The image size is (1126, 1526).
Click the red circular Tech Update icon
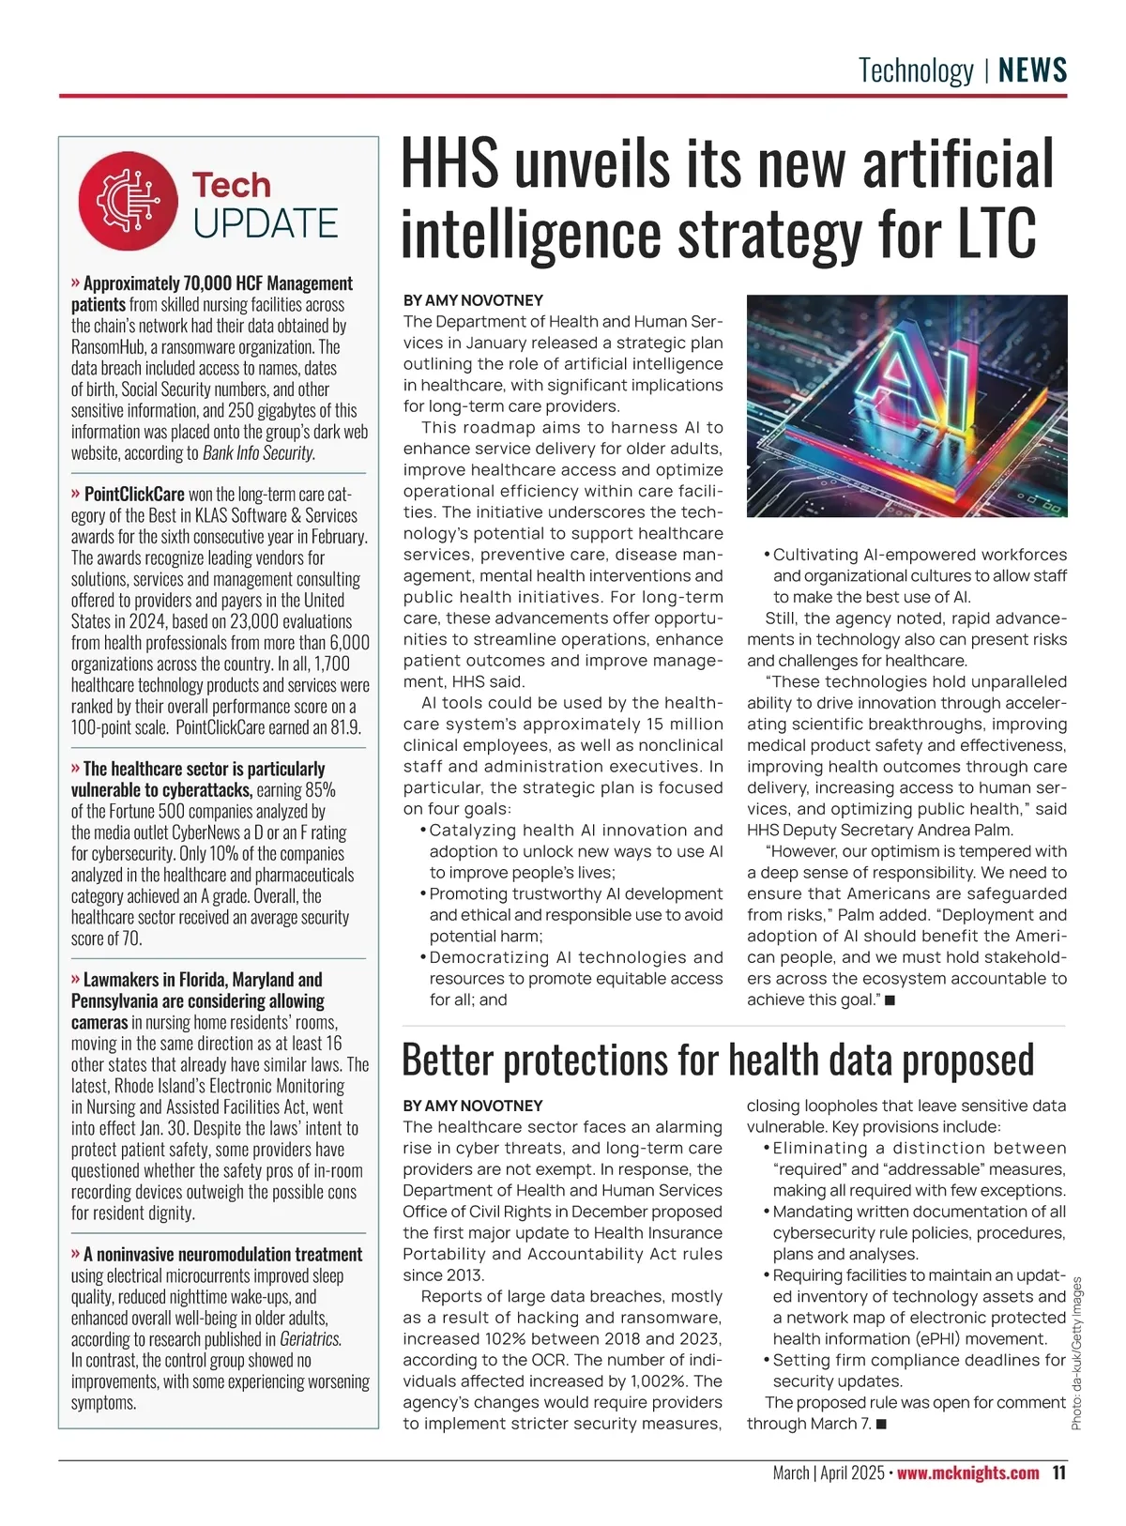coord(128,201)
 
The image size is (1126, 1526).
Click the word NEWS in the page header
coord(1032,70)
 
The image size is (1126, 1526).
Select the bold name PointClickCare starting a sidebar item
coord(134,494)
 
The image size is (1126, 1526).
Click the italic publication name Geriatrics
coord(311,1339)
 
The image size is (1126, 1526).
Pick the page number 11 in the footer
coord(1058,1473)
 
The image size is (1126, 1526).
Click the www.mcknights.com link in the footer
coord(967,1473)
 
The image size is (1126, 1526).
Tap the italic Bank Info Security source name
coord(258,452)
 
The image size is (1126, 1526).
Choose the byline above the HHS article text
coord(473,300)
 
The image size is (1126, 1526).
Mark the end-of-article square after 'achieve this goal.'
coord(890,1000)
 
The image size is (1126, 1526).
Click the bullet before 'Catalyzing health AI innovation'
coord(422,831)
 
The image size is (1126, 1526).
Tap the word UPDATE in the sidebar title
coord(266,224)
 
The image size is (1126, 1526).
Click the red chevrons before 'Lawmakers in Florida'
coord(76,979)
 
